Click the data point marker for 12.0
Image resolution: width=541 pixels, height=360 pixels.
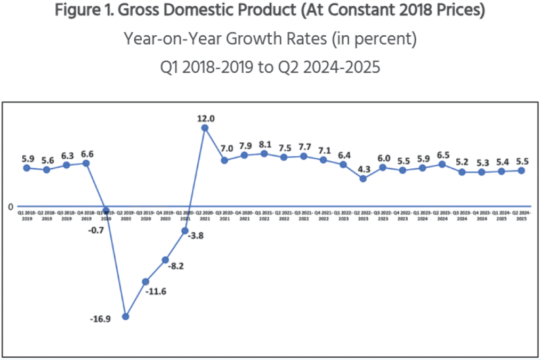click(205, 128)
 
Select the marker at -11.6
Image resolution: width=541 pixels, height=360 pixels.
click(146, 281)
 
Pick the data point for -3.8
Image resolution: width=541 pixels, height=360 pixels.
click(185, 231)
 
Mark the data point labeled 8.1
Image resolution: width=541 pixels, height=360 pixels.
click(264, 153)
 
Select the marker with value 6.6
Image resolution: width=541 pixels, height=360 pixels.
click(86, 163)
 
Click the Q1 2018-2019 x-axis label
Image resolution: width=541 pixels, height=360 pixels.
click(27, 215)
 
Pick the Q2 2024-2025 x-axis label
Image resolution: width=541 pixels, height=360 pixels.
click(521, 215)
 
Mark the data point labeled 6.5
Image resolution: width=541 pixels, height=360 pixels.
click(442, 165)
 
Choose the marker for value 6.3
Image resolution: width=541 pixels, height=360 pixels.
click(67, 165)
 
